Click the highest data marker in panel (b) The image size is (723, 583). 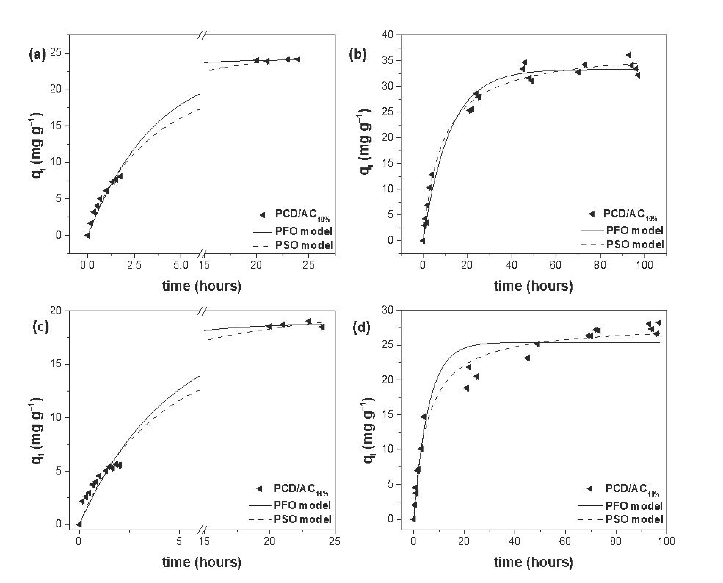point(629,55)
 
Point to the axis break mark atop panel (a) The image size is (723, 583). point(202,34)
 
